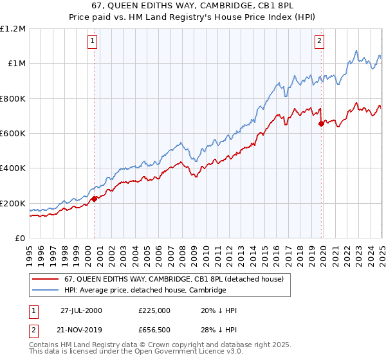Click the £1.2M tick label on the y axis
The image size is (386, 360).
click(13, 28)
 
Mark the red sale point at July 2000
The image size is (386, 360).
click(95, 199)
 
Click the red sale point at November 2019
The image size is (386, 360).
click(321, 123)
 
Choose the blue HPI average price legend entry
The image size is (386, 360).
click(145, 291)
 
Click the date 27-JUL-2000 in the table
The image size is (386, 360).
click(81, 310)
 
